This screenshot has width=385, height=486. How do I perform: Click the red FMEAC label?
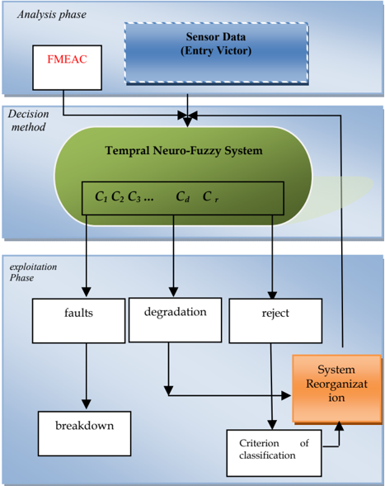(x=67, y=59)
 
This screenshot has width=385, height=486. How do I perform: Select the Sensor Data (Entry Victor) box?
(x=216, y=53)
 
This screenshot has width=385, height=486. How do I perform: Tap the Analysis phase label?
(x=52, y=15)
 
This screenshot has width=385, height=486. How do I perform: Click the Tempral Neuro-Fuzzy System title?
(x=184, y=151)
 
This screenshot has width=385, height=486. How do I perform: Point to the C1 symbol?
(x=101, y=196)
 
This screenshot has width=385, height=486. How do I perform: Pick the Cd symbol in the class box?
(x=182, y=196)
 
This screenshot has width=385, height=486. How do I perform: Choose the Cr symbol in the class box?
(x=210, y=196)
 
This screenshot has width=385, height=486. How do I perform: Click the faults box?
(x=78, y=321)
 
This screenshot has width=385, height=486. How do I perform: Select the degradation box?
(x=176, y=320)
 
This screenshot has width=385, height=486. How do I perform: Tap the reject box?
(x=275, y=321)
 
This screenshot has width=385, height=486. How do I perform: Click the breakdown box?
(x=85, y=434)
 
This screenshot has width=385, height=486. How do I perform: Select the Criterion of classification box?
(x=274, y=453)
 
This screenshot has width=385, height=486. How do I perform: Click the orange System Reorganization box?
(x=337, y=389)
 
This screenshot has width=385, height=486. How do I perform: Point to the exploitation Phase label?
(x=33, y=272)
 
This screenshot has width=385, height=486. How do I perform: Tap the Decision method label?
(x=29, y=120)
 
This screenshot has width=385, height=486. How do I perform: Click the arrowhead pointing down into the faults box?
(x=87, y=292)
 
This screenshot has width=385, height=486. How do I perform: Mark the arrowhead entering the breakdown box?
(x=87, y=404)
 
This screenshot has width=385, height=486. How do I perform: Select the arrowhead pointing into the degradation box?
(x=173, y=292)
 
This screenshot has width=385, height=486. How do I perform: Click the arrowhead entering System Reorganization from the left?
(x=286, y=395)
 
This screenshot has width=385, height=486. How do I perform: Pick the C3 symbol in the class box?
(x=134, y=196)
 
